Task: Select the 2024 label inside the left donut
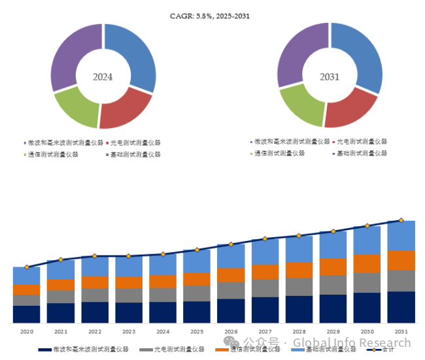click(x=103, y=77)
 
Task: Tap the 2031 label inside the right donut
click(x=330, y=77)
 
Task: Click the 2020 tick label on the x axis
click(x=26, y=332)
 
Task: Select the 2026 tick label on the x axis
click(x=231, y=332)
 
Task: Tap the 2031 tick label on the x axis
click(x=401, y=332)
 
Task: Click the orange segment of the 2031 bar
click(x=401, y=260)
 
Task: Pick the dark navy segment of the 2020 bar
click(x=26, y=314)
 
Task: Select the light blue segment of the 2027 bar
click(x=265, y=252)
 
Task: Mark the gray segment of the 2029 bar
click(x=333, y=285)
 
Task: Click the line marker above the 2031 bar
click(x=401, y=220)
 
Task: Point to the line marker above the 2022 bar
click(x=94, y=255)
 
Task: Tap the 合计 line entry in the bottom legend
click(x=392, y=350)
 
